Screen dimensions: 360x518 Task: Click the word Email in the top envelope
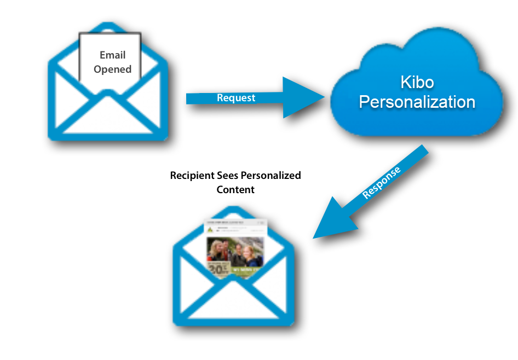pyautogui.click(x=112, y=55)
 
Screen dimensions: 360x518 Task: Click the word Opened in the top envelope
pyautogui.click(x=112, y=69)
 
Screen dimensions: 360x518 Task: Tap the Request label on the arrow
pyautogui.click(x=236, y=98)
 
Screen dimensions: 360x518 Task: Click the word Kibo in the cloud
pyautogui.click(x=417, y=83)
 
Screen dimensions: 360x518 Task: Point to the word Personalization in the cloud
pyautogui.click(x=417, y=102)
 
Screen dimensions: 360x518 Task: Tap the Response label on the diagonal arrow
pyautogui.click(x=382, y=183)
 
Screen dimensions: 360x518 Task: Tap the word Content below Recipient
pyautogui.click(x=235, y=190)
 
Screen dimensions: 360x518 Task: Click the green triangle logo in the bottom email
pyautogui.click(x=211, y=230)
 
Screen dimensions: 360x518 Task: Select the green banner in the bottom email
pyautogui.click(x=247, y=270)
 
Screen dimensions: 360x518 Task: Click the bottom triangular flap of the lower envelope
pyautogui.click(x=234, y=304)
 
